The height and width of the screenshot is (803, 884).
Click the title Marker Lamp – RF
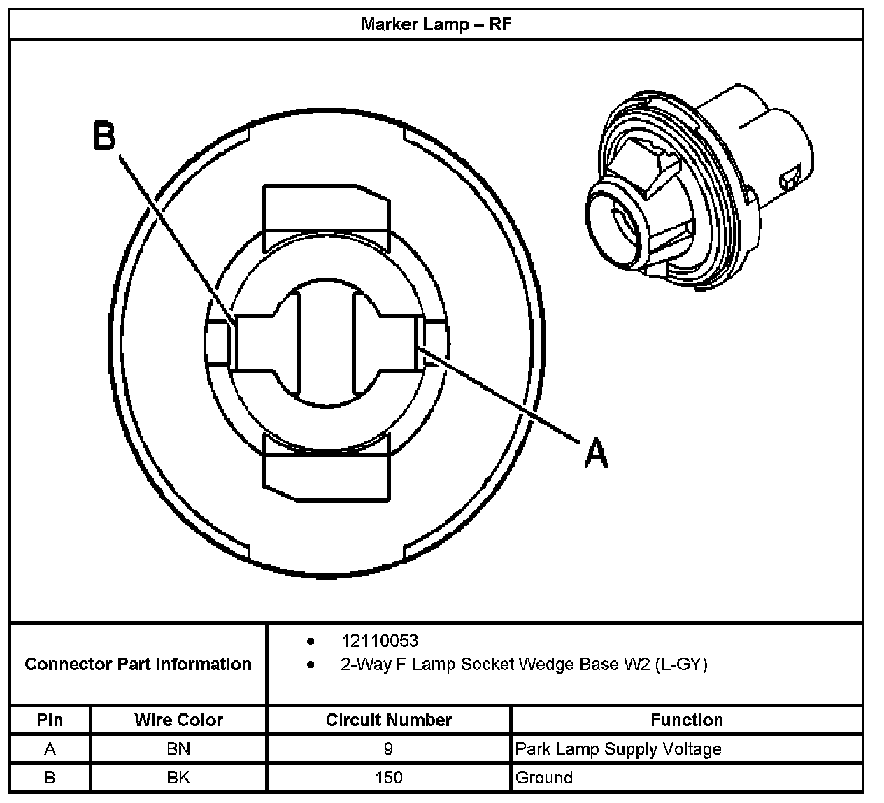[436, 24]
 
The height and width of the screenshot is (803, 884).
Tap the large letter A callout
[595, 453]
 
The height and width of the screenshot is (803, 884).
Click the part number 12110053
[379, 641]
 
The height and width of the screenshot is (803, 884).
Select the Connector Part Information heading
[138, 664]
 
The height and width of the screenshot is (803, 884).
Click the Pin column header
[50, 720]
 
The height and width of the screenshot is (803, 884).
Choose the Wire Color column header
[178, 720]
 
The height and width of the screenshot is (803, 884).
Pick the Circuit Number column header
[388, 720]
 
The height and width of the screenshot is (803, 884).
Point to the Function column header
[686, 720]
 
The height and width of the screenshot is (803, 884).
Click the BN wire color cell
[178, 749]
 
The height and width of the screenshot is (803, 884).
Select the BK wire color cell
[178, 777]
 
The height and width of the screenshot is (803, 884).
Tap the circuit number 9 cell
[388, 749]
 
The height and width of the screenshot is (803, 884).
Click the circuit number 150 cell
[388, 777]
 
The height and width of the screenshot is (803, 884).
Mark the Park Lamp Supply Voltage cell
[618, 749]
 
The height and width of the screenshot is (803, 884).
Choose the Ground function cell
[543, 777]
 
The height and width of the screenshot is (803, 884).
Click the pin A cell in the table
[50, 749]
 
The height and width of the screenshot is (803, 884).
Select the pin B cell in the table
[50, 777]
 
